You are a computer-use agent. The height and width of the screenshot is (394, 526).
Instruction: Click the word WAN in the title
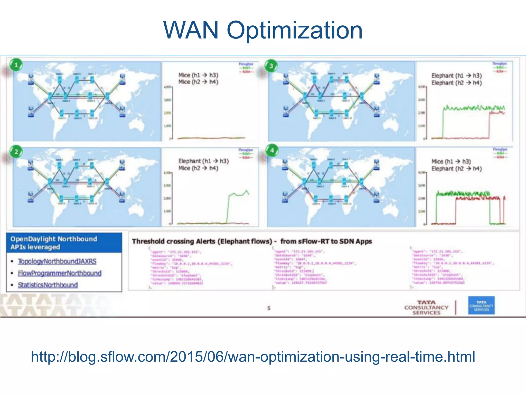pos(191,30)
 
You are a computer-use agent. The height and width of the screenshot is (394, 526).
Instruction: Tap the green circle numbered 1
pos(16,65)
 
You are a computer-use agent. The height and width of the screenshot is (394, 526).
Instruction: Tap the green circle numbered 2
pos(16,152)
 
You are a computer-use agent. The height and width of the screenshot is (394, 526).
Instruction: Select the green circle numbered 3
pos(271,66)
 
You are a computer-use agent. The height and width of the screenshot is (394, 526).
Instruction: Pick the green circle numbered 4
pos(272,151)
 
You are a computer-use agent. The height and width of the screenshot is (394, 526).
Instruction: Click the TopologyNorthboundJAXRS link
pos(57,261)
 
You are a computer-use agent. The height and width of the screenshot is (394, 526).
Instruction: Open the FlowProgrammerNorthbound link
pos(60,273)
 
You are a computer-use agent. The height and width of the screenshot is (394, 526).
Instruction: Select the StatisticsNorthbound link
pos(48,285)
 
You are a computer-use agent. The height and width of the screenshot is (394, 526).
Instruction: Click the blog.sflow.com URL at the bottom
pos(253,357)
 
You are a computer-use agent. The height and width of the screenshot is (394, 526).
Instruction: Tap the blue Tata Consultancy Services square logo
pos(481,306)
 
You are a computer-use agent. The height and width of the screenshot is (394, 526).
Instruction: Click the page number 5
pos(269,308)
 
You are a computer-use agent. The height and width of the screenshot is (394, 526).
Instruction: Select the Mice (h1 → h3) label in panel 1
pos(198,75)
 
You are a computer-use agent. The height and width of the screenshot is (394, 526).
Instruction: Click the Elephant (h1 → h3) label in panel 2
pos(203,161)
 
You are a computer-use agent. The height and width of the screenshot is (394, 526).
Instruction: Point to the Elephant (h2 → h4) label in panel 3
pos(456,83)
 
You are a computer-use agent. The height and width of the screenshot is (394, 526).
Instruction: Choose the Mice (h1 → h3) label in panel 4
pos(451,161)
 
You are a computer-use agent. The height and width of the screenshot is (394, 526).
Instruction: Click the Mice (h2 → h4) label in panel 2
pos(198,168)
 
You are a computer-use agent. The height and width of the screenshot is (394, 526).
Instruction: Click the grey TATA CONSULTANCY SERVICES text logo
pos(426,308)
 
